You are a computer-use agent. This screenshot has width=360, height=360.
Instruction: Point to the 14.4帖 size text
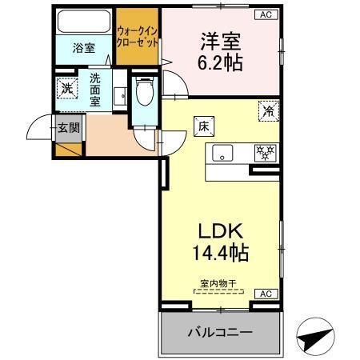pyautogui.click(x=219, y=254)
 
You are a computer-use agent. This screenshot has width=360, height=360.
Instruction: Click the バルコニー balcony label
pyautogui.click(x=219, y=331)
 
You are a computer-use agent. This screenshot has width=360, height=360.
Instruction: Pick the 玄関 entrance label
pyautogui.click(x=67, y=127)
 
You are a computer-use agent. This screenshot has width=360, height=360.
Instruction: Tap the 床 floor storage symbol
pyautogui.click(x=202, y=125)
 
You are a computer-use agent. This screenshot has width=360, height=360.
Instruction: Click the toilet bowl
pyautogui.click(x=145, y=93)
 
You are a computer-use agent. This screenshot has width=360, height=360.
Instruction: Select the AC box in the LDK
pyautogui.click(x=262, y=294)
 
